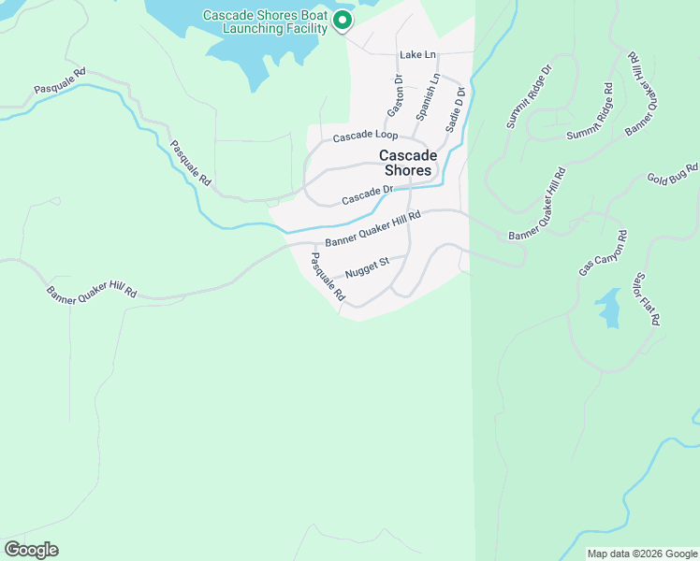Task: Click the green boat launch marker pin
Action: coord(343,20)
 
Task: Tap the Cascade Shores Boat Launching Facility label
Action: coord(266,22)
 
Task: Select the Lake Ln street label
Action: coord(417,56)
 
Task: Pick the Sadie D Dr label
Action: coord(456,108)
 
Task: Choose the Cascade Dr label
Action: coord(365,196)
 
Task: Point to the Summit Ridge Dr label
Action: coord(530,96)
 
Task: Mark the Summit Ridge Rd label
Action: coord(590,113)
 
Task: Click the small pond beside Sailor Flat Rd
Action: coord(608,309)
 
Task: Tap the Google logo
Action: coord(31,550)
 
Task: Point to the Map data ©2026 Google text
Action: coord(643,554)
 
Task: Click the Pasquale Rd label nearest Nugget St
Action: coord(328,277)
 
